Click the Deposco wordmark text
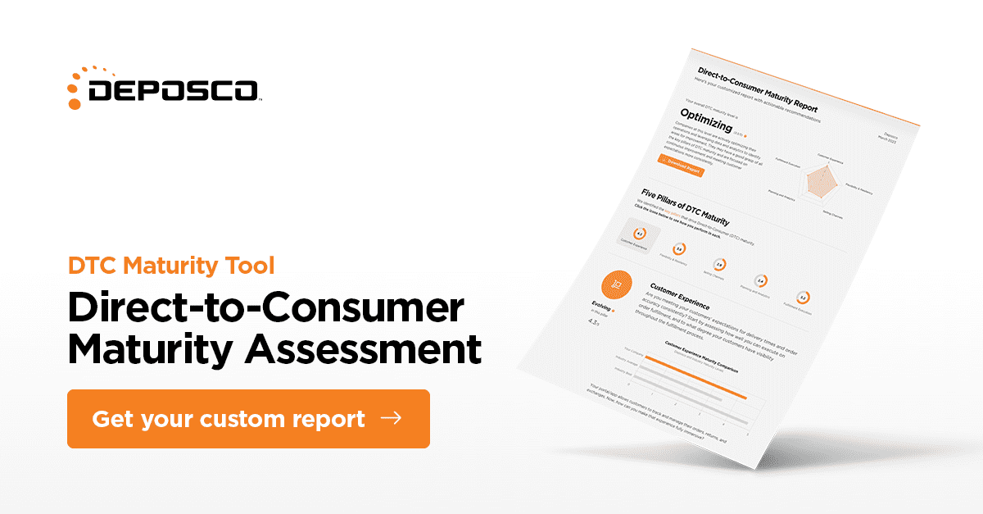tap(174, 90)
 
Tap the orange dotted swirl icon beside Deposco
tap(80, 86)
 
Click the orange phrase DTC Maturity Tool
tap(171, 266)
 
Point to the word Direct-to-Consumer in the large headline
tap(265, 307)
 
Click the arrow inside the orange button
tap(392, 418)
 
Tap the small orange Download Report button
tap(681, 163)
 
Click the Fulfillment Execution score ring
tap(803, 298)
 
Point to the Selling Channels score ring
tap(718, 265)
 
